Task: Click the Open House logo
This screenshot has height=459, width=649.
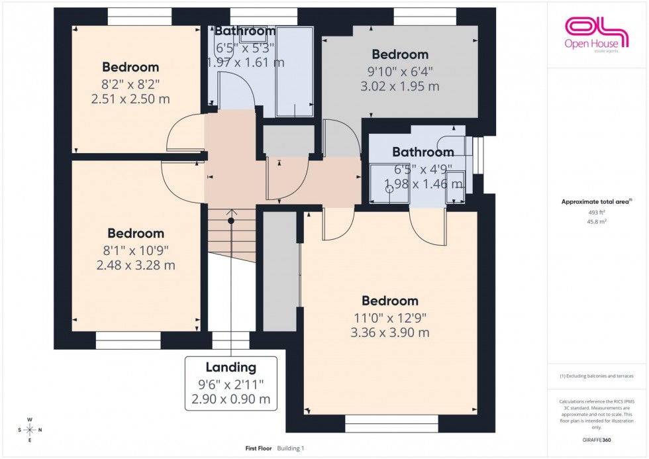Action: (x=595, y=33)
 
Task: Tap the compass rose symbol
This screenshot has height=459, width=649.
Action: (x=30, y=430)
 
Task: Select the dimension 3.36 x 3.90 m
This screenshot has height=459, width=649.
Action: (x=389, y=332)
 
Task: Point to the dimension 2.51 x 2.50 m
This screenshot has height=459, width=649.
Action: (x=130, y=99)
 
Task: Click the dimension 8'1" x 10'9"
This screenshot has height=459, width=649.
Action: (x=136, y=250)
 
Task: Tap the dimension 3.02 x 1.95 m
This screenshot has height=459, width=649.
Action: (x=399, y=86)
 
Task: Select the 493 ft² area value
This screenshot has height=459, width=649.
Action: (x=597, y=212)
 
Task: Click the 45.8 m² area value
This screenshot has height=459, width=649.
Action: (x=597, y=222)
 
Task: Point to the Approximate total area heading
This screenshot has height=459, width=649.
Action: (x=596, y=201)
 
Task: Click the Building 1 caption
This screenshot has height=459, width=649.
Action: (x=290, y=448)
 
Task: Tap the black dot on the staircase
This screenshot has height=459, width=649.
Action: (x=231, y=221)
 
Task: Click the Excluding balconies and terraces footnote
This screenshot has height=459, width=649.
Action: (x=597, y=376)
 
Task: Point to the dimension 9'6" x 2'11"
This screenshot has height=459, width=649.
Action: (x=230, y=384)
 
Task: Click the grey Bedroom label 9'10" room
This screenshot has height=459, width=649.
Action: (x=400, y=54)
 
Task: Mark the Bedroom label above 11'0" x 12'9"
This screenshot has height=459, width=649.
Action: (x=390, y=301)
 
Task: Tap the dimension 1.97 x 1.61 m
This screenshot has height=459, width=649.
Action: (x=246, y=63)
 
